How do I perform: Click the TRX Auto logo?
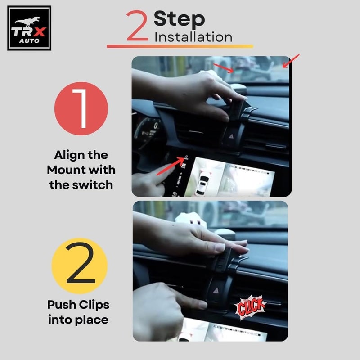pos(29,28)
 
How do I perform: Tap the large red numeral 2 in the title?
pos(137,26)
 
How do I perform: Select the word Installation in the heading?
pos(193,37)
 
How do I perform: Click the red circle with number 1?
pos(81,108)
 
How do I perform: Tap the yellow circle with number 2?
pos(80,266)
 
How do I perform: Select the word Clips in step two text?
pos(94,306)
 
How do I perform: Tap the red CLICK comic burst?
pos(251,307)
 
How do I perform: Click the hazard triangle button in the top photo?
pos(231,136)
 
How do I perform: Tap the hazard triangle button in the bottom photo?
pos(216,291)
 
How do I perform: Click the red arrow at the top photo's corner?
pos(291,61)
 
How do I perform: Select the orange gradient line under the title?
pos(180,46)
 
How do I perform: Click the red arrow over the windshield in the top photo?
pos(223,68)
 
